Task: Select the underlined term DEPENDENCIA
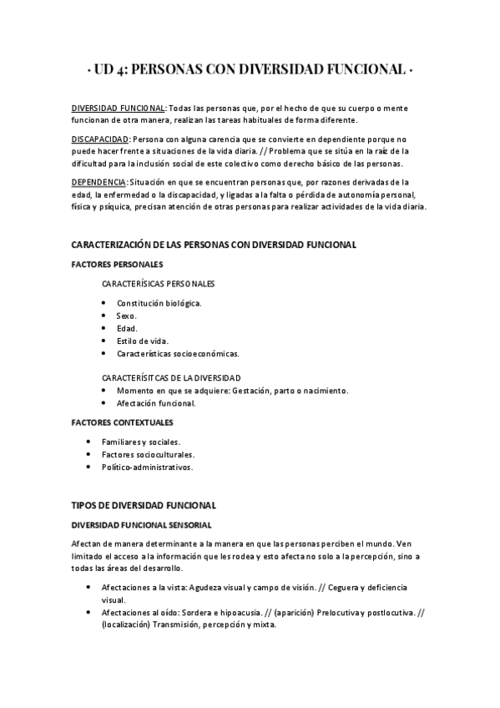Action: pyautogui.click(x=99, y=182)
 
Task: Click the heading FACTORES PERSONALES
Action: pyautogui.click(x=117, y=265)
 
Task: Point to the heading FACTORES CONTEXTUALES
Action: pyautogui.click(x=122, y=422)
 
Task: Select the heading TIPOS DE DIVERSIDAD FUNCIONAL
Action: pyautogui.click(x=144, y=505)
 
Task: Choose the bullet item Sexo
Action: pyautogui.click(x=127, y=316)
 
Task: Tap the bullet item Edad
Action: pyautogui.click(x=127, y=328)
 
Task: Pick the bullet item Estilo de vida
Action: pyautogui.click(x=142, y=341)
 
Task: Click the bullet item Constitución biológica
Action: pyautogui.click(x=159, y=303)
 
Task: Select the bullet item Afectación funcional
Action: pyautogui.click(x=156, y=403)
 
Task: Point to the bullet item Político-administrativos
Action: pyautogui.click(x=147, y=468)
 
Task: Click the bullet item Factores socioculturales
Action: pyautogui.click(x=148, y=454)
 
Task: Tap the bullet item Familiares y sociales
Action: pyautogui.click(x=141, y=442)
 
